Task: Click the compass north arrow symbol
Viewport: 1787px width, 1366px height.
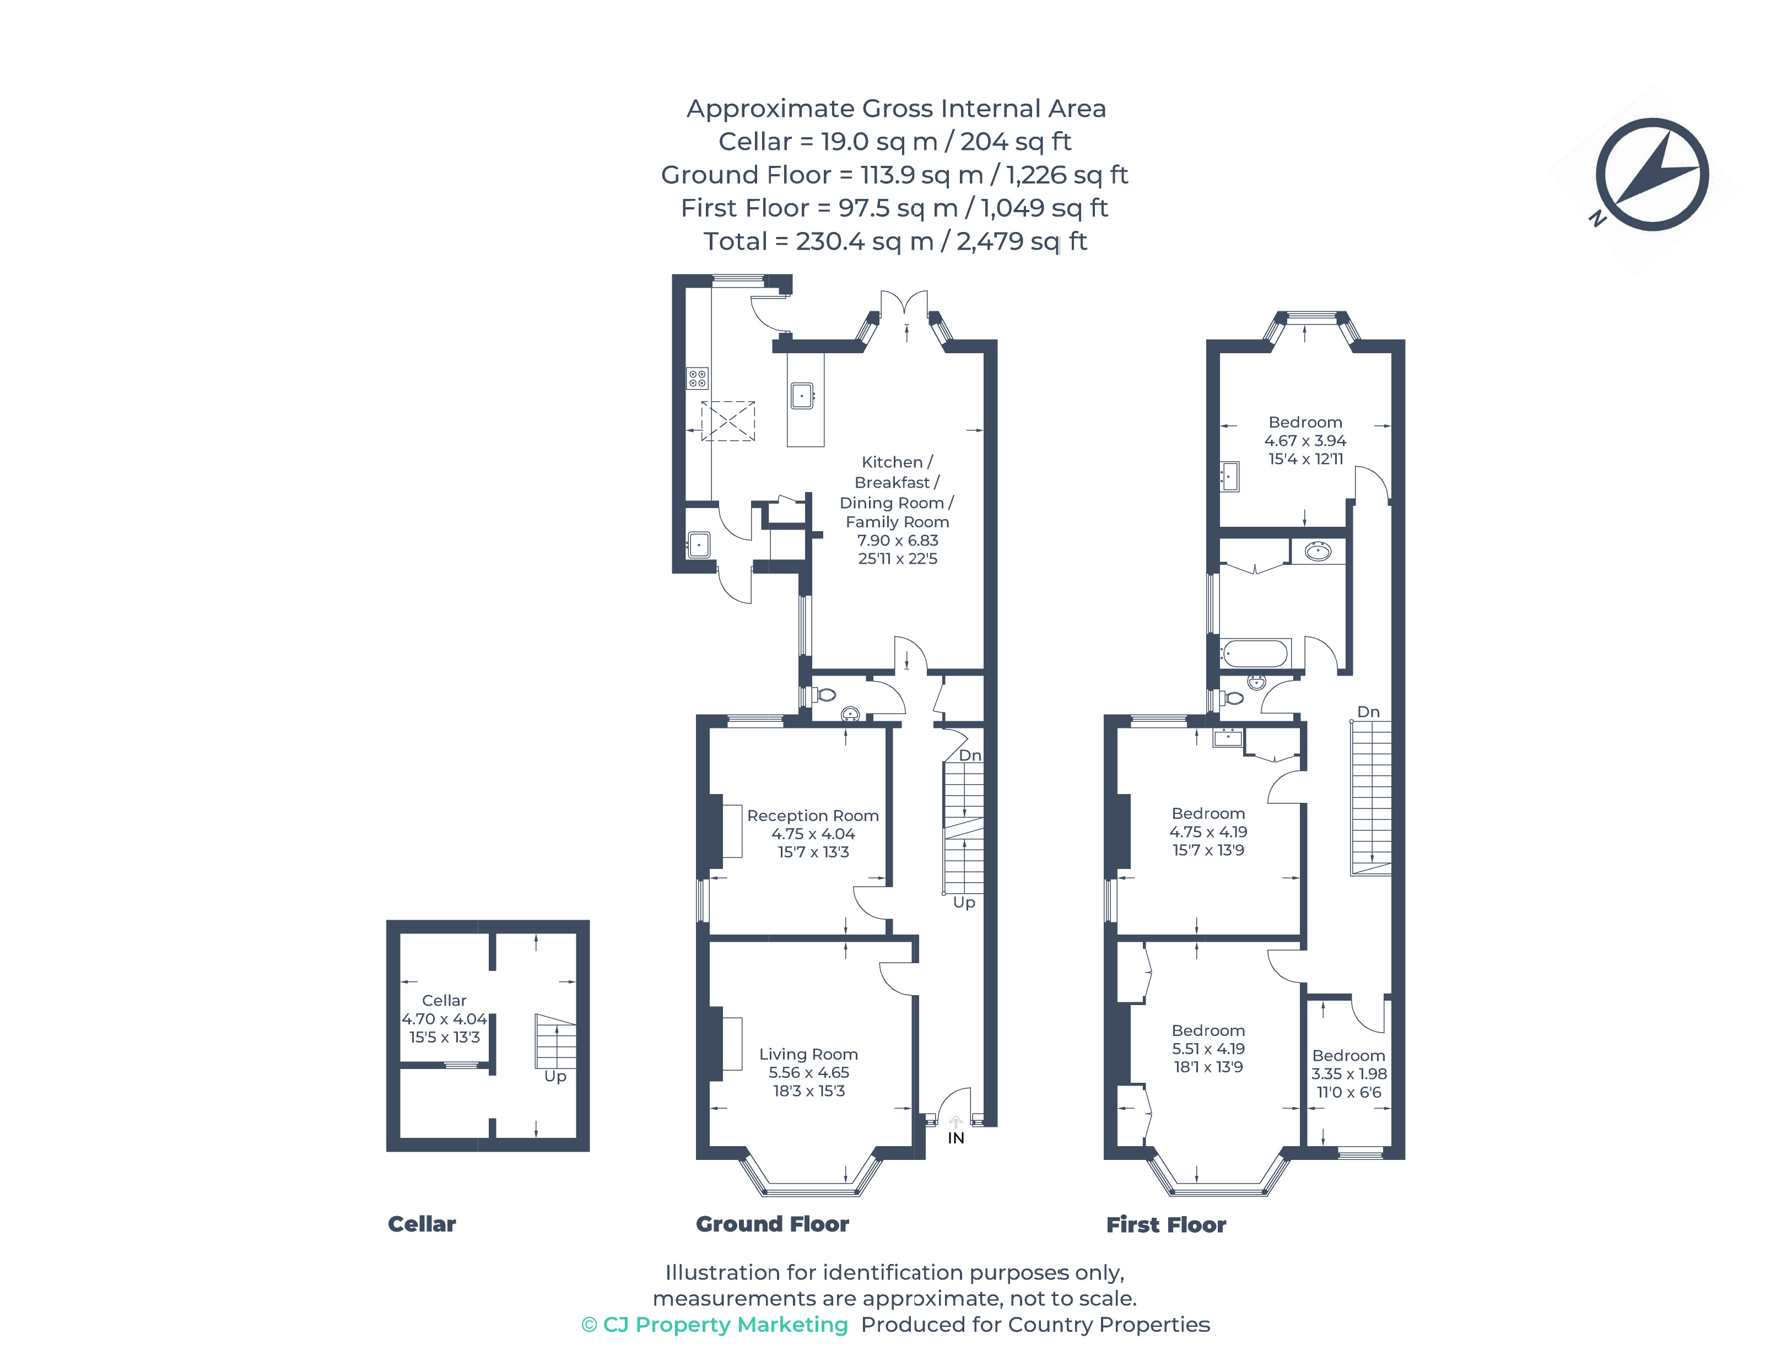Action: coord(1651,174)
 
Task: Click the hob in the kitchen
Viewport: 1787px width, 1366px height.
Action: coord(697,378)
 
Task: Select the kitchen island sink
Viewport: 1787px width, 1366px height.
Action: coord(802,396)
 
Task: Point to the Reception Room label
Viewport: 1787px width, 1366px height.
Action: coord(812,816)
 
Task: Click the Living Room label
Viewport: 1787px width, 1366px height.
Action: coord(808,1054)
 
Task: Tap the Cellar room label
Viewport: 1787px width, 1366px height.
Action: coord(444,1000)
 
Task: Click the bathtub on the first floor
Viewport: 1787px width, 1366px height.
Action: coord(1255,654)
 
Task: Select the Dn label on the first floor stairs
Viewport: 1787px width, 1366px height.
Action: coord(1368,711)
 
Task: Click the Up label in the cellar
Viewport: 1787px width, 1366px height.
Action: coord(555,1076)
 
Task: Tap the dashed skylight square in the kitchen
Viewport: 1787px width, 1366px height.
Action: coord(728,421)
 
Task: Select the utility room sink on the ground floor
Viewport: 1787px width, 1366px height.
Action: coord(698,544)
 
